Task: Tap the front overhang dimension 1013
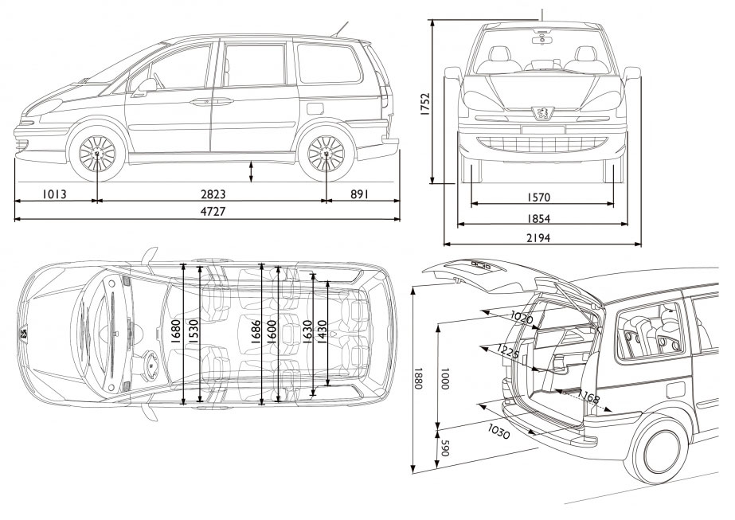[54, 194]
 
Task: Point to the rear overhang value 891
[360, 194]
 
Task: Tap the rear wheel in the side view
[326, 154]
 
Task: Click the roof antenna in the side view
[342, 29]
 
